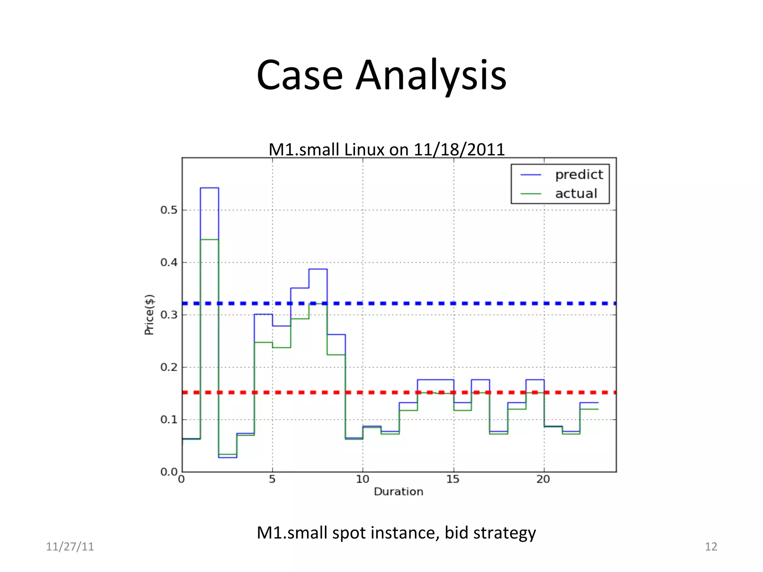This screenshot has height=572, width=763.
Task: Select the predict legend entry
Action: (x=579, y=175)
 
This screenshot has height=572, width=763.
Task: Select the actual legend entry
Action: (x=576, y=194)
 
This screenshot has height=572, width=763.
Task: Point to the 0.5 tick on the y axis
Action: (x=169, y=210)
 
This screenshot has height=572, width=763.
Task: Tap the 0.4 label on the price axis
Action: (x=169, y=263)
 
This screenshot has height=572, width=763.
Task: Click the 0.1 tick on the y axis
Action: (x=169, y=420)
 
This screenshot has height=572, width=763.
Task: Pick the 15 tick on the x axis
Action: (x=453, y=479)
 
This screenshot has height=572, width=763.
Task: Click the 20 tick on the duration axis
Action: (x=543, y=479)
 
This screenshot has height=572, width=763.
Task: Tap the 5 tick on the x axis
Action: (x=272, y=479)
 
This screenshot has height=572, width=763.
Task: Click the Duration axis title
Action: (x=398, y=492)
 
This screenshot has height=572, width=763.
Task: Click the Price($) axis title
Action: (x=149, y=315)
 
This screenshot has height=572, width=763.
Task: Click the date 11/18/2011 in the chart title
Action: (x=459, y=150)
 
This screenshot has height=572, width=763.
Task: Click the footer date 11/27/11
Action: (x=70, y=547)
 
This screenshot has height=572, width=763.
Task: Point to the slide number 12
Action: (x=711, y=547)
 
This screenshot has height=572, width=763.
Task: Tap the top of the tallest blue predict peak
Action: (x=209, y=188)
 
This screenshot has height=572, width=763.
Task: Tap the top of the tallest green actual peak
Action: (x=209, y=239)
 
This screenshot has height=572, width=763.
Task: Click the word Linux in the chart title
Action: (x=364, y=150)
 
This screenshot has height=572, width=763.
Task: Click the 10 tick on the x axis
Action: (x=362, y=479)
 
